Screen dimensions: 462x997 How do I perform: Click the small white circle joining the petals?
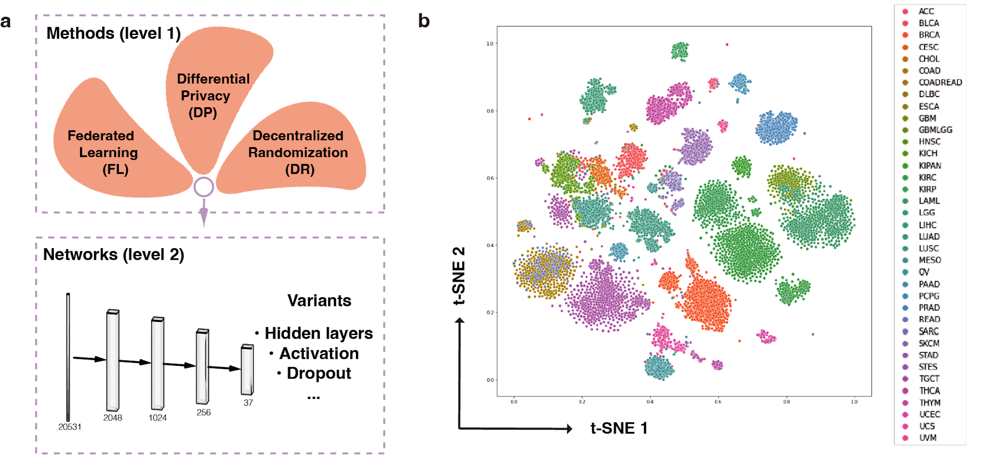pos(204,187)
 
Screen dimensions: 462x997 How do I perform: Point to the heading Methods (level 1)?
pos(113,33)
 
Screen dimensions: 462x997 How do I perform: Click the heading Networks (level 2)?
pos(113,254)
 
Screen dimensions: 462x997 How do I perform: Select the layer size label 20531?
pos(69,427)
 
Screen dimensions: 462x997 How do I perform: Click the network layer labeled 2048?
pos(113,360)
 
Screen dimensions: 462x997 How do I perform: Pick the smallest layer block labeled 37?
pos(247,370)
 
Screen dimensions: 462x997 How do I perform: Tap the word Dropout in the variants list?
pos(318,373)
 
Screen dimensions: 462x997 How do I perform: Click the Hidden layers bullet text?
pos(318,333)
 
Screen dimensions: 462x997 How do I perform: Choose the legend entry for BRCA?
pos(929,35)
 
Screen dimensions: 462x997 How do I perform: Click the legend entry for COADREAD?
pos(940,82)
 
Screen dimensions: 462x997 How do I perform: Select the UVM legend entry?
pos(928,438)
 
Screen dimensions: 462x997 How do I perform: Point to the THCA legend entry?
pos(929,390)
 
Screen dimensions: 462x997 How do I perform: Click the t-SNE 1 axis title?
pos(619,428)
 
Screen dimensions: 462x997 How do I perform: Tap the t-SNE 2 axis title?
pos(459,275)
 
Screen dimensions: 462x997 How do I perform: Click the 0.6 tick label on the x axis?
pos(718,402)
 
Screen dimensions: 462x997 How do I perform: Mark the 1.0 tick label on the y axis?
pos(489,44)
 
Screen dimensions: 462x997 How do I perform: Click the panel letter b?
pos(424,21)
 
